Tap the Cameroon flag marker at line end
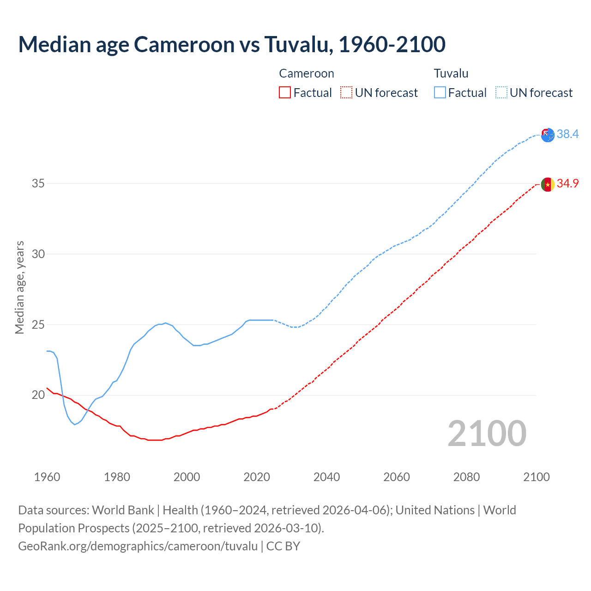547,184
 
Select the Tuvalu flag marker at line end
547,135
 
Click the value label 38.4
567,134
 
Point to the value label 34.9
567,183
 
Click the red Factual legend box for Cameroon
285,92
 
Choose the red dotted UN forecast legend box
346,92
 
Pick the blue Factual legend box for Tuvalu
440,92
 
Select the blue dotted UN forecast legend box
501,92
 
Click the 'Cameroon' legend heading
306,73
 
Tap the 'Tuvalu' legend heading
451,73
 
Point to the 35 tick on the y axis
38,183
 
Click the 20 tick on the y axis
38,395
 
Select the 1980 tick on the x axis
117,477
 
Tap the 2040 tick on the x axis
326,477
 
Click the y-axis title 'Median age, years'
19,287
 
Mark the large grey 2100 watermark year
487,433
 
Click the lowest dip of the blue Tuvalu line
74,424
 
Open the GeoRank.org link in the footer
138,546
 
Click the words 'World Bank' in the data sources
123,510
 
